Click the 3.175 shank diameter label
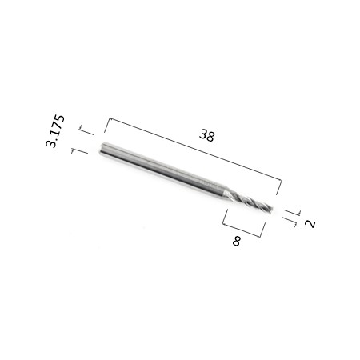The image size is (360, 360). (55, 131)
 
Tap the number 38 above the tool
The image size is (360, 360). (206, 135)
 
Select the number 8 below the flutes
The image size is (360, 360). (237, 241)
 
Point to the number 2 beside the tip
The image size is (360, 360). (310, 224)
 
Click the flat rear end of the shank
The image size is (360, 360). (102, 149)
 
